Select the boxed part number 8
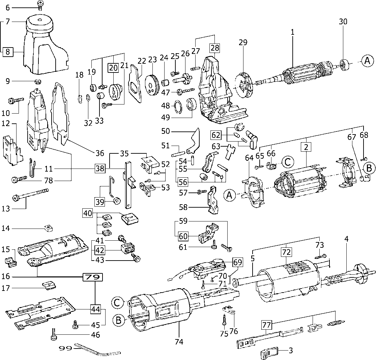(x=8, y=52)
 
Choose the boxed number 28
(x=215, y=48)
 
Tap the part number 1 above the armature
(x=293, y=32)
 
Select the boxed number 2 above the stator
(x=306, y=147)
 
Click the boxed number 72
(x=286, y=252)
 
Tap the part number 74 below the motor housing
(x=179, y=341)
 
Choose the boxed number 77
(x=266, y=325)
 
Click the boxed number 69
(x=237, y=262)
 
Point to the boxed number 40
(x=87, y=213)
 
